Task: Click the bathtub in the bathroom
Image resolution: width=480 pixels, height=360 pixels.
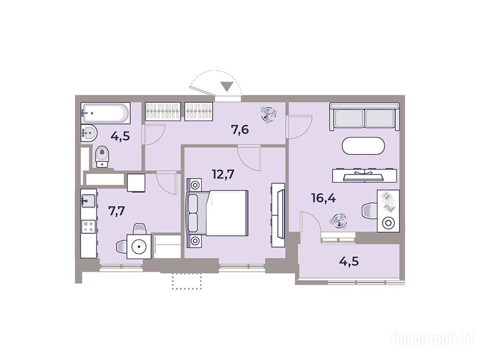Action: click(105, 113)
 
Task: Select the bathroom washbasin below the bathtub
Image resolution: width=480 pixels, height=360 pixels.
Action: click(89, 133)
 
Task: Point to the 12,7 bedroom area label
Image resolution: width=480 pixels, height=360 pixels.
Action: click(223, 174)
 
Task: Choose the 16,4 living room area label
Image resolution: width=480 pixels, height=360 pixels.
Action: click(323, 198)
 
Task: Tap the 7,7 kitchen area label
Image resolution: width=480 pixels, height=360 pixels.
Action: click(117, 211)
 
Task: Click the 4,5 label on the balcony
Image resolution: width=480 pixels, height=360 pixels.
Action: click(349, 262)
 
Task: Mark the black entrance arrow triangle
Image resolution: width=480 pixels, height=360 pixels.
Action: click(227, 87)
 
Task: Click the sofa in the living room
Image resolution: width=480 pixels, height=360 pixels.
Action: click(365, 117)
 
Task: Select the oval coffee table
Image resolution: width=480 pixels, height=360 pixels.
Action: click(363, 146)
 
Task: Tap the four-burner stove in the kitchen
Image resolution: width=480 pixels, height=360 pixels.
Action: click(89, 227)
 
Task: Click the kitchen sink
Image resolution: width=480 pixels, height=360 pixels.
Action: click(88, 201)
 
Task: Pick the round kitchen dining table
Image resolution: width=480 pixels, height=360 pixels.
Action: click(139, 246)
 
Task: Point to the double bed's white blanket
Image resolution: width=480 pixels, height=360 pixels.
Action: click(227, 213)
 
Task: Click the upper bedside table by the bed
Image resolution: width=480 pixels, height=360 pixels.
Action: click(195, 185)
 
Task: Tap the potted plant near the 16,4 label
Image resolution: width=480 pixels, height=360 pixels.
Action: click(338, 220)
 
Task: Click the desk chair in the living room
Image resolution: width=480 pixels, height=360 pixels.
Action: click(370, 211)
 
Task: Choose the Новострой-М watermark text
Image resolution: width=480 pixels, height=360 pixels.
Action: click(433, 338)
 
